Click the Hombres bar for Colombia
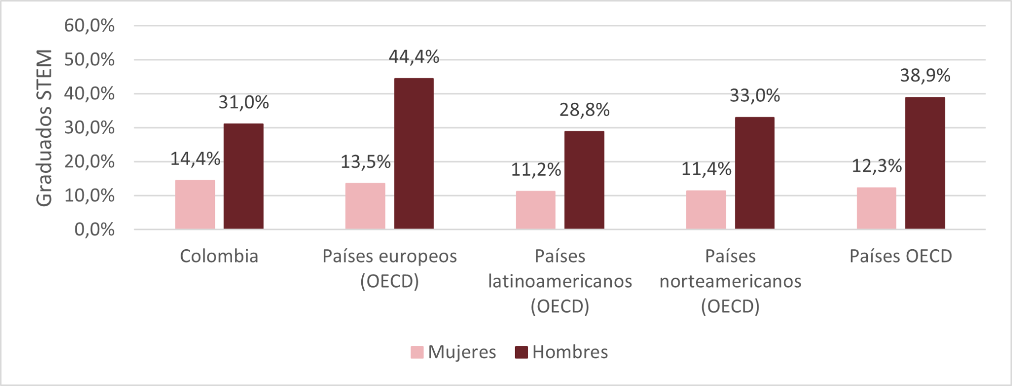243,176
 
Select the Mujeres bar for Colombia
195,205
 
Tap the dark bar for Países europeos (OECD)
414,153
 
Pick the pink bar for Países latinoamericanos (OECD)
535,210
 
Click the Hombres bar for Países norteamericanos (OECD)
754,173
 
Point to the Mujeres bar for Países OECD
876,208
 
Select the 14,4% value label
195,159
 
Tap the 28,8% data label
584,110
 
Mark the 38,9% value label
925,76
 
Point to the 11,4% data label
706,169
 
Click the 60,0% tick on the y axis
90,26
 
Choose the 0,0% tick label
95,230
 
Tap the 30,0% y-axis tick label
90,128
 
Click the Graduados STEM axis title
45,128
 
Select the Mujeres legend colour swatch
417,353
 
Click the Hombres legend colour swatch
521,353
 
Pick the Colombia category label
219,256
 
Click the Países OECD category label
901,256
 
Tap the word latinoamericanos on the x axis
560,282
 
